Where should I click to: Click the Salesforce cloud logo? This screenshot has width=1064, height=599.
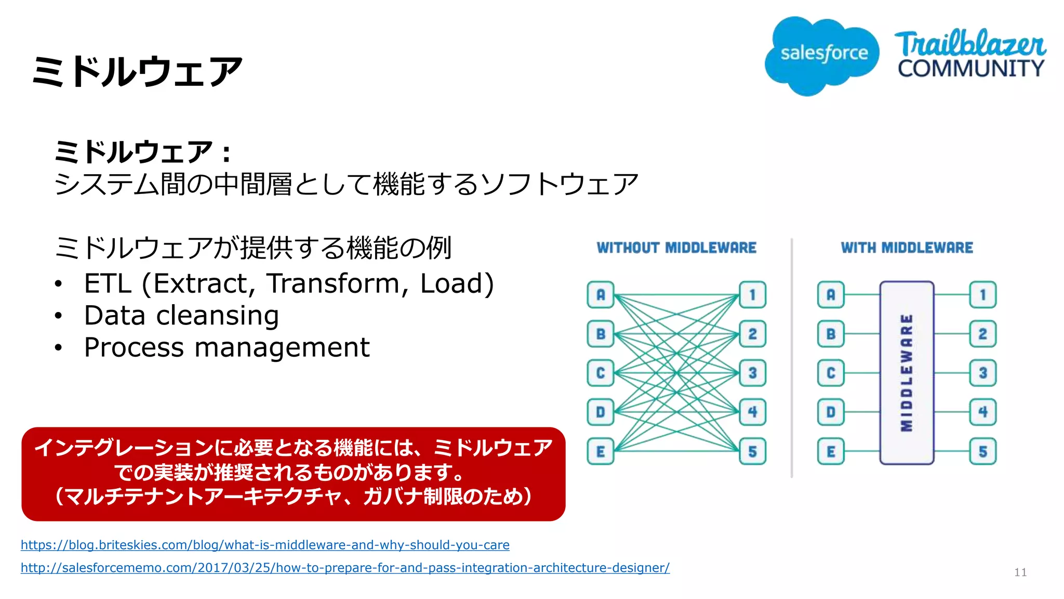(x=822, y=55)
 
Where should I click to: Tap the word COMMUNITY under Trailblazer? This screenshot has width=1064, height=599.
(x=970, y=69)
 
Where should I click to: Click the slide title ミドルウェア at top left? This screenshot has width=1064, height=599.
(x=137, y=71)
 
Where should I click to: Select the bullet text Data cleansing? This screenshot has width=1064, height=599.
(x=181, y=316)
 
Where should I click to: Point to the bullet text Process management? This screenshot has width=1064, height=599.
(x=227, y=347)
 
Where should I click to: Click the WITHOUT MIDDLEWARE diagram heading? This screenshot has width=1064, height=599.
(x=676, y=248)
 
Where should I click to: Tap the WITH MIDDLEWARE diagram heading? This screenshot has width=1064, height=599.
(x=907, y=248)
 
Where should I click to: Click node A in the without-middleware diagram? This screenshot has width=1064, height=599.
(x=601, y=295)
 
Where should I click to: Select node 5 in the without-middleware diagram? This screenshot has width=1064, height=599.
(x=752, y=451)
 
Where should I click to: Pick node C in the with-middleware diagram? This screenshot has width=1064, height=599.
(x=831, y=373)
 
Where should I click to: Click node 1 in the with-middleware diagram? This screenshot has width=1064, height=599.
(x=982, y=295)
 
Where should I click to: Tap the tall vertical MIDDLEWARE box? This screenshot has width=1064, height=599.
(x=907, y=372)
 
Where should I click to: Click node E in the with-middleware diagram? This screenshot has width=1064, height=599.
(x=831, y=451)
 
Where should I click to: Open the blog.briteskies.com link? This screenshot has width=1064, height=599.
(x=265, y=545)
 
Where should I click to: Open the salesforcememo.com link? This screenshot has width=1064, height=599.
(x=345, y=568)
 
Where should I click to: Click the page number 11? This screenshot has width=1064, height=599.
(x=1020, y=572)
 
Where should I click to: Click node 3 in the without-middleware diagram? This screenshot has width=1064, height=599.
(x=752, y=373)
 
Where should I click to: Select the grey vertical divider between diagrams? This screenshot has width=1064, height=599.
(x=792, y=359)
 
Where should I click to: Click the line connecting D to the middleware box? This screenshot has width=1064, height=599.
(x=862, y=412)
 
